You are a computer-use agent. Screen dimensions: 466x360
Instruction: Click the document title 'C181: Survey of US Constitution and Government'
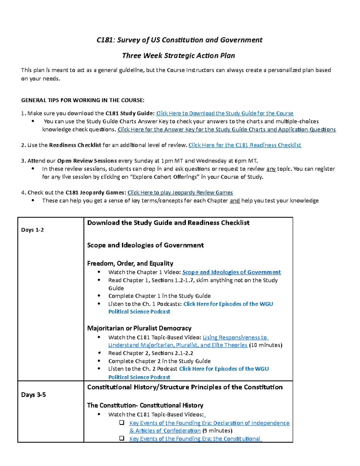tap(179, 40)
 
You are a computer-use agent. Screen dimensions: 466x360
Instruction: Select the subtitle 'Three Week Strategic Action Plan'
tap(178, 56)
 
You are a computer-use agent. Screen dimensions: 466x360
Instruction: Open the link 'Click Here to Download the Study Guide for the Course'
tap(225, 113)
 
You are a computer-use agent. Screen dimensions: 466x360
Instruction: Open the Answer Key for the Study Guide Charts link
tap(226, 130)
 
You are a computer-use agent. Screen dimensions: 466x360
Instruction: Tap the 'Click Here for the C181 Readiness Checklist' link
tap(244, 145)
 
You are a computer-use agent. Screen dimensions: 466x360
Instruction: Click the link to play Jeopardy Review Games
tap(180, 193)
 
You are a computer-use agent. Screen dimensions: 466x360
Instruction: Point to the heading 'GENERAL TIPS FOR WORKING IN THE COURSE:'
tap(82, 100)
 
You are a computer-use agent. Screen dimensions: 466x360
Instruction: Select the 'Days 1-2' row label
tap(32, 230)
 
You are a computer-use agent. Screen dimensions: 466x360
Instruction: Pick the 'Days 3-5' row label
tap(33, 395)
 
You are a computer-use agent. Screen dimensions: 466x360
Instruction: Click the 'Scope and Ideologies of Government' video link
tap(231, 272)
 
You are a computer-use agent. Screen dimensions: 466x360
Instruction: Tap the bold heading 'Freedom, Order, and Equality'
tap(130, 263)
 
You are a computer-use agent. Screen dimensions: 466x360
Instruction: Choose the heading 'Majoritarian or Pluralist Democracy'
tap(139, 328)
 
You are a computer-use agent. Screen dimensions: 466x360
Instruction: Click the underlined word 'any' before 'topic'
tap(271, 169)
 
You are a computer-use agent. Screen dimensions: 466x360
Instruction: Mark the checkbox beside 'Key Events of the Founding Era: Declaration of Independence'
tap(122, 423)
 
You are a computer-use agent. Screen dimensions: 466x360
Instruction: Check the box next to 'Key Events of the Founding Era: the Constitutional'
tap(122, 438)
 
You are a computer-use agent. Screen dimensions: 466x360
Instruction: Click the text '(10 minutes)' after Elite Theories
tap(265, 345)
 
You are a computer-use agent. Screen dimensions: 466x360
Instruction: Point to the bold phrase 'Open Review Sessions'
tap(87, 161)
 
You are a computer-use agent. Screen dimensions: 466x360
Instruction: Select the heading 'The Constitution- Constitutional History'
tap(145, 405)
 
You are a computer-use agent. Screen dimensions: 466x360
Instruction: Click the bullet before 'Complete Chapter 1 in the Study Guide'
tap(99, 296)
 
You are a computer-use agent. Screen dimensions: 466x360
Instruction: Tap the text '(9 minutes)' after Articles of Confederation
tap(217, 431)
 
